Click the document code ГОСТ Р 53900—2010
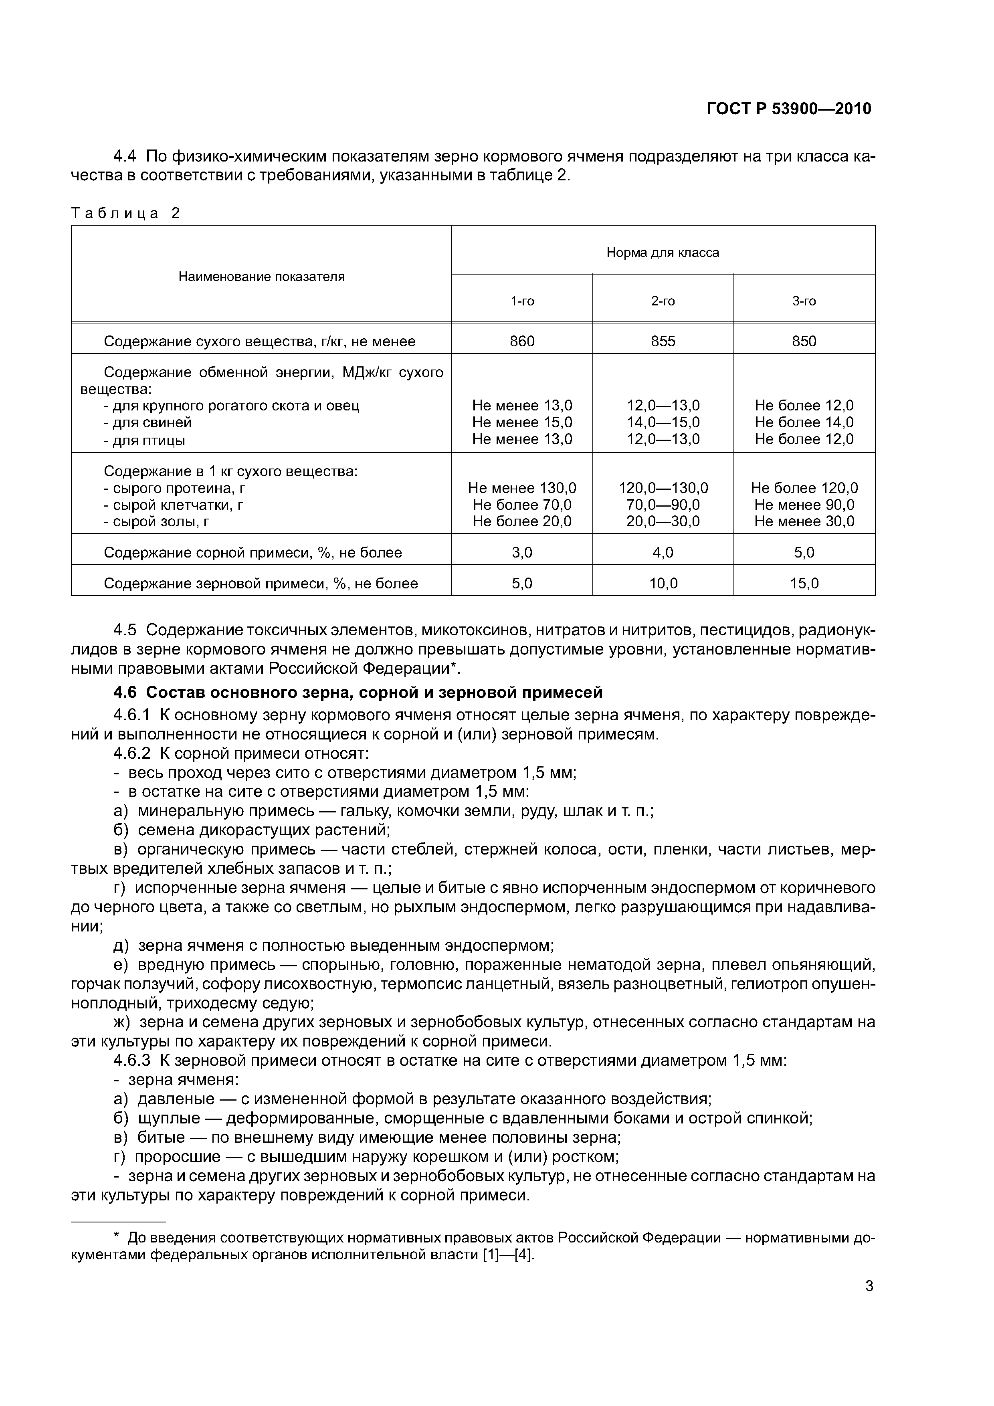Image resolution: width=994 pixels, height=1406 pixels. point(789,109)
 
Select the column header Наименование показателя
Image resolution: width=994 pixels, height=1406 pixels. point(261,277)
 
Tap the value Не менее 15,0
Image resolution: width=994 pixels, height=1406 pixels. point(522,422)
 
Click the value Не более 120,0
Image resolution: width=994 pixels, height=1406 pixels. point(804,488)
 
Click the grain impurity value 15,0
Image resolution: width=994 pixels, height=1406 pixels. point(804,584)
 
